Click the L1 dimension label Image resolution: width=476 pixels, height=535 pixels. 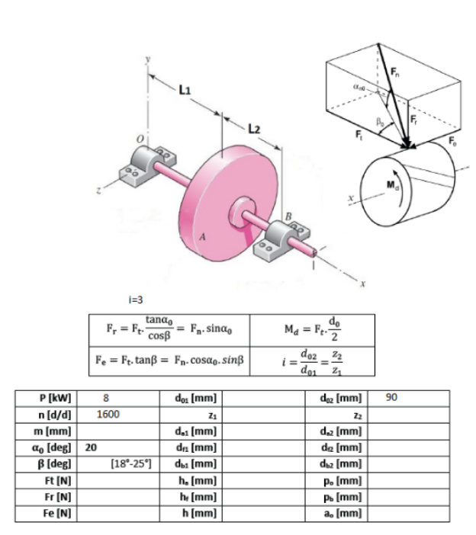pyautogui.click(x=183, y=90)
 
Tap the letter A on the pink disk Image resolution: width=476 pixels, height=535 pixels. pyautogui.click(x=201, y=237)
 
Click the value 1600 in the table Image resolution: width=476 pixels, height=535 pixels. pyautogui.click(x=113, y=415)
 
